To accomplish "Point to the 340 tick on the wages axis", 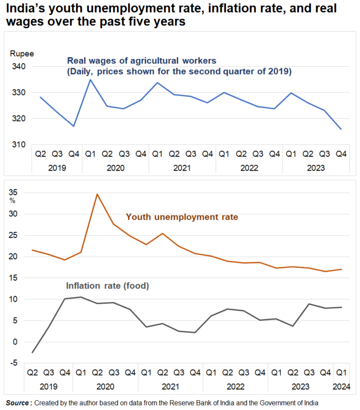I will tap(18, 67).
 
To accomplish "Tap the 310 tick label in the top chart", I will tap(18, 145).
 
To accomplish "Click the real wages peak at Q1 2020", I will tap(90, 79).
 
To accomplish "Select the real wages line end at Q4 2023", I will tap(341, 129).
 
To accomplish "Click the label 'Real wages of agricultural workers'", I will tap(142, 61).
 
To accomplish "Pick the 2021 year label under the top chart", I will tap(182, 168).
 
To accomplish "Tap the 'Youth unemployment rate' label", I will tap(182, 217).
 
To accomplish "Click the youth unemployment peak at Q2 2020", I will tap(97, 194).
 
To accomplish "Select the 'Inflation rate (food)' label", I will tap(108, 286).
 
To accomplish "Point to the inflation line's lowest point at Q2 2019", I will tap(33, 352).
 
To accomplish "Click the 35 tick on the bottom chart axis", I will tap(13, 192).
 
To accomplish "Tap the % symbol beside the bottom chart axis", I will tap(12, 201).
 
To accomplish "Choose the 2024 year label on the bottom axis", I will tap(341, 386).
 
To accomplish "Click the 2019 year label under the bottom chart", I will tap(49, 386).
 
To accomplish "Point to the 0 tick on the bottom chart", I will tap(15, 342).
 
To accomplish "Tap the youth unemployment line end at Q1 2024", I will tap(341, 269).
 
